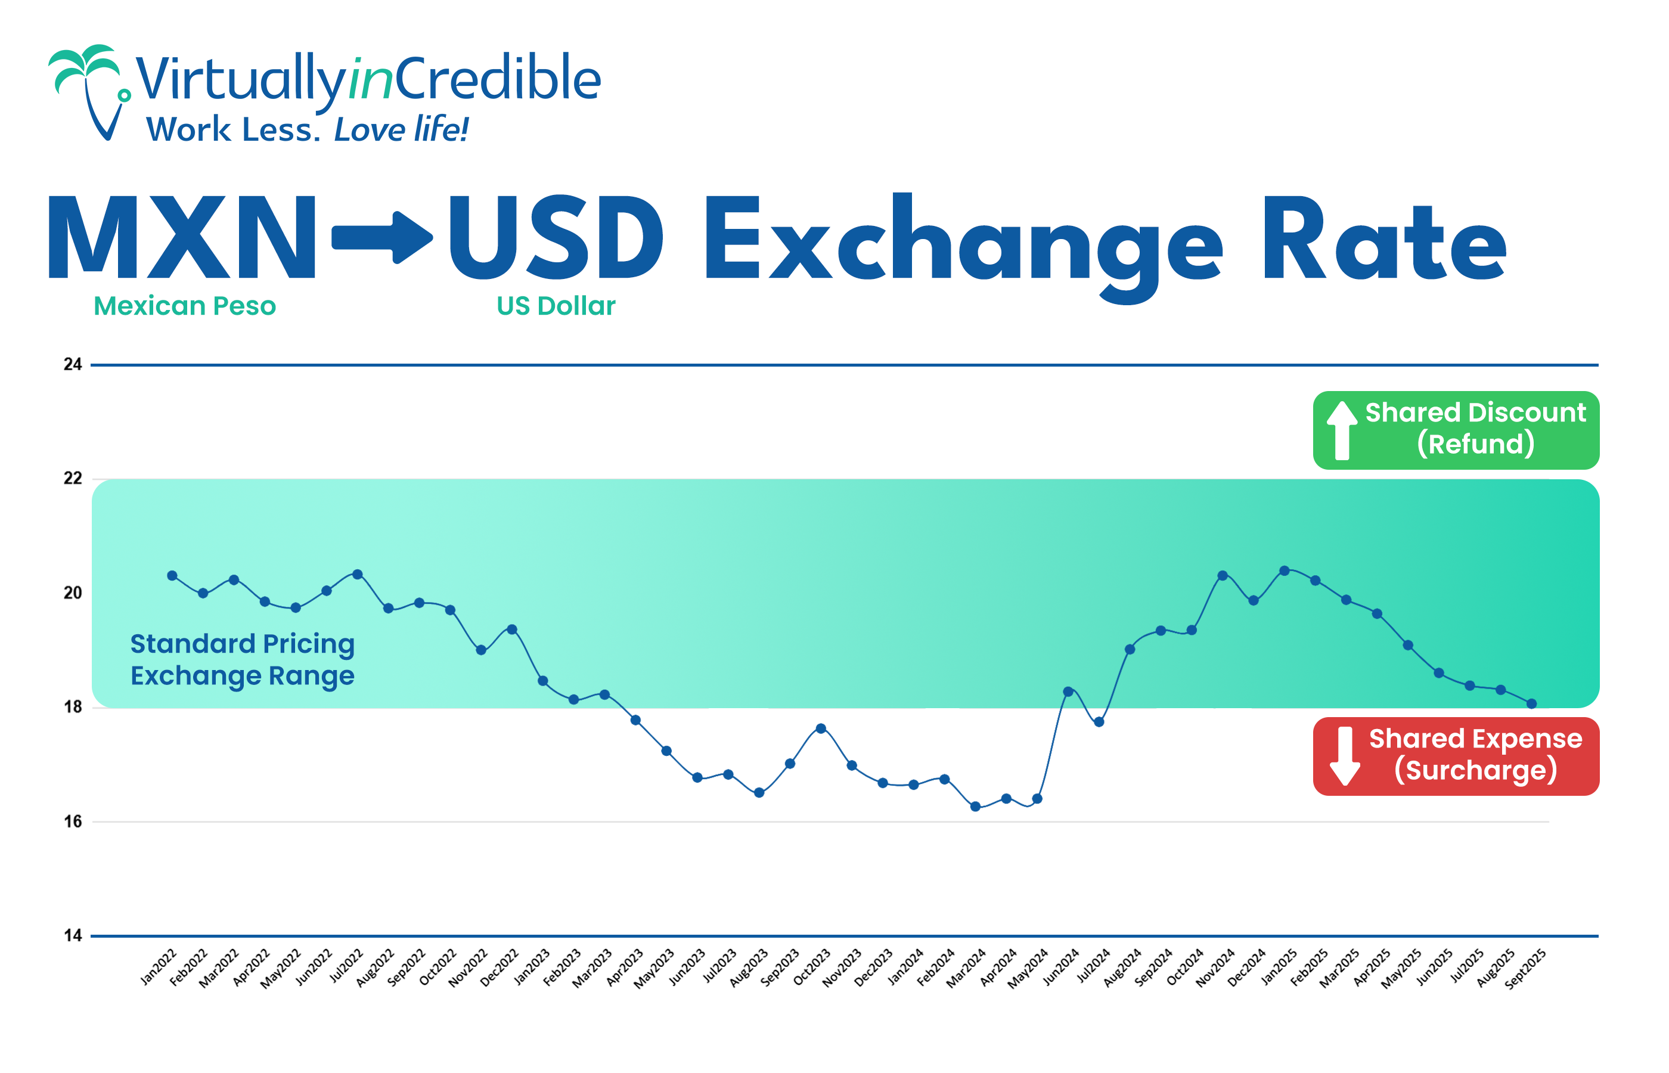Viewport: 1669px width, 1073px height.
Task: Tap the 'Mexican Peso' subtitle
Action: click(x=185, y=306)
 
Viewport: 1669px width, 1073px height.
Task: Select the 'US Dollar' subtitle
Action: click(x=556, y=306)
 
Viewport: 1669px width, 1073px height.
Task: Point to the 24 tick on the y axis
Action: click(x=73, y=364)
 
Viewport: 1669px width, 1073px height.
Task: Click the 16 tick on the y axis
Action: click(x=73, y=821)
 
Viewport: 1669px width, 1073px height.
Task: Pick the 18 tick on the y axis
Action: click(x=73, y=707)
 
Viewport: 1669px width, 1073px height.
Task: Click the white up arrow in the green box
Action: click(x=1342, y=430)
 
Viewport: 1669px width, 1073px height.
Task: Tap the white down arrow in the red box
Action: click(x=1345, y=756)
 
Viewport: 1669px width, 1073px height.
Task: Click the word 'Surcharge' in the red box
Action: click(x=1475, y=771)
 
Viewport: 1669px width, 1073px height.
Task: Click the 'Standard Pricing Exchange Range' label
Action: click(x=243, y=660)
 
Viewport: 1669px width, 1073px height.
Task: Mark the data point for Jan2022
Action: click(x=172, y=575)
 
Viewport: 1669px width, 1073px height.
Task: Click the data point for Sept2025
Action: click(x=1531, y=704)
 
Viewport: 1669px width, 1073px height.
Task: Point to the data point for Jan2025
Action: click(x=1284, y=570)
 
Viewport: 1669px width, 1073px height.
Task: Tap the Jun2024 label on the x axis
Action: click(x=1061, y=966)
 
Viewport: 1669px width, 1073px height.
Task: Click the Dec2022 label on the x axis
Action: click(x=499, y=967)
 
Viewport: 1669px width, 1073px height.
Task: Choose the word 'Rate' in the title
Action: click(x=1385, y=240)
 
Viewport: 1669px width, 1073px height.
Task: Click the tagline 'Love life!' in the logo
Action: click(x=401, y=129)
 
